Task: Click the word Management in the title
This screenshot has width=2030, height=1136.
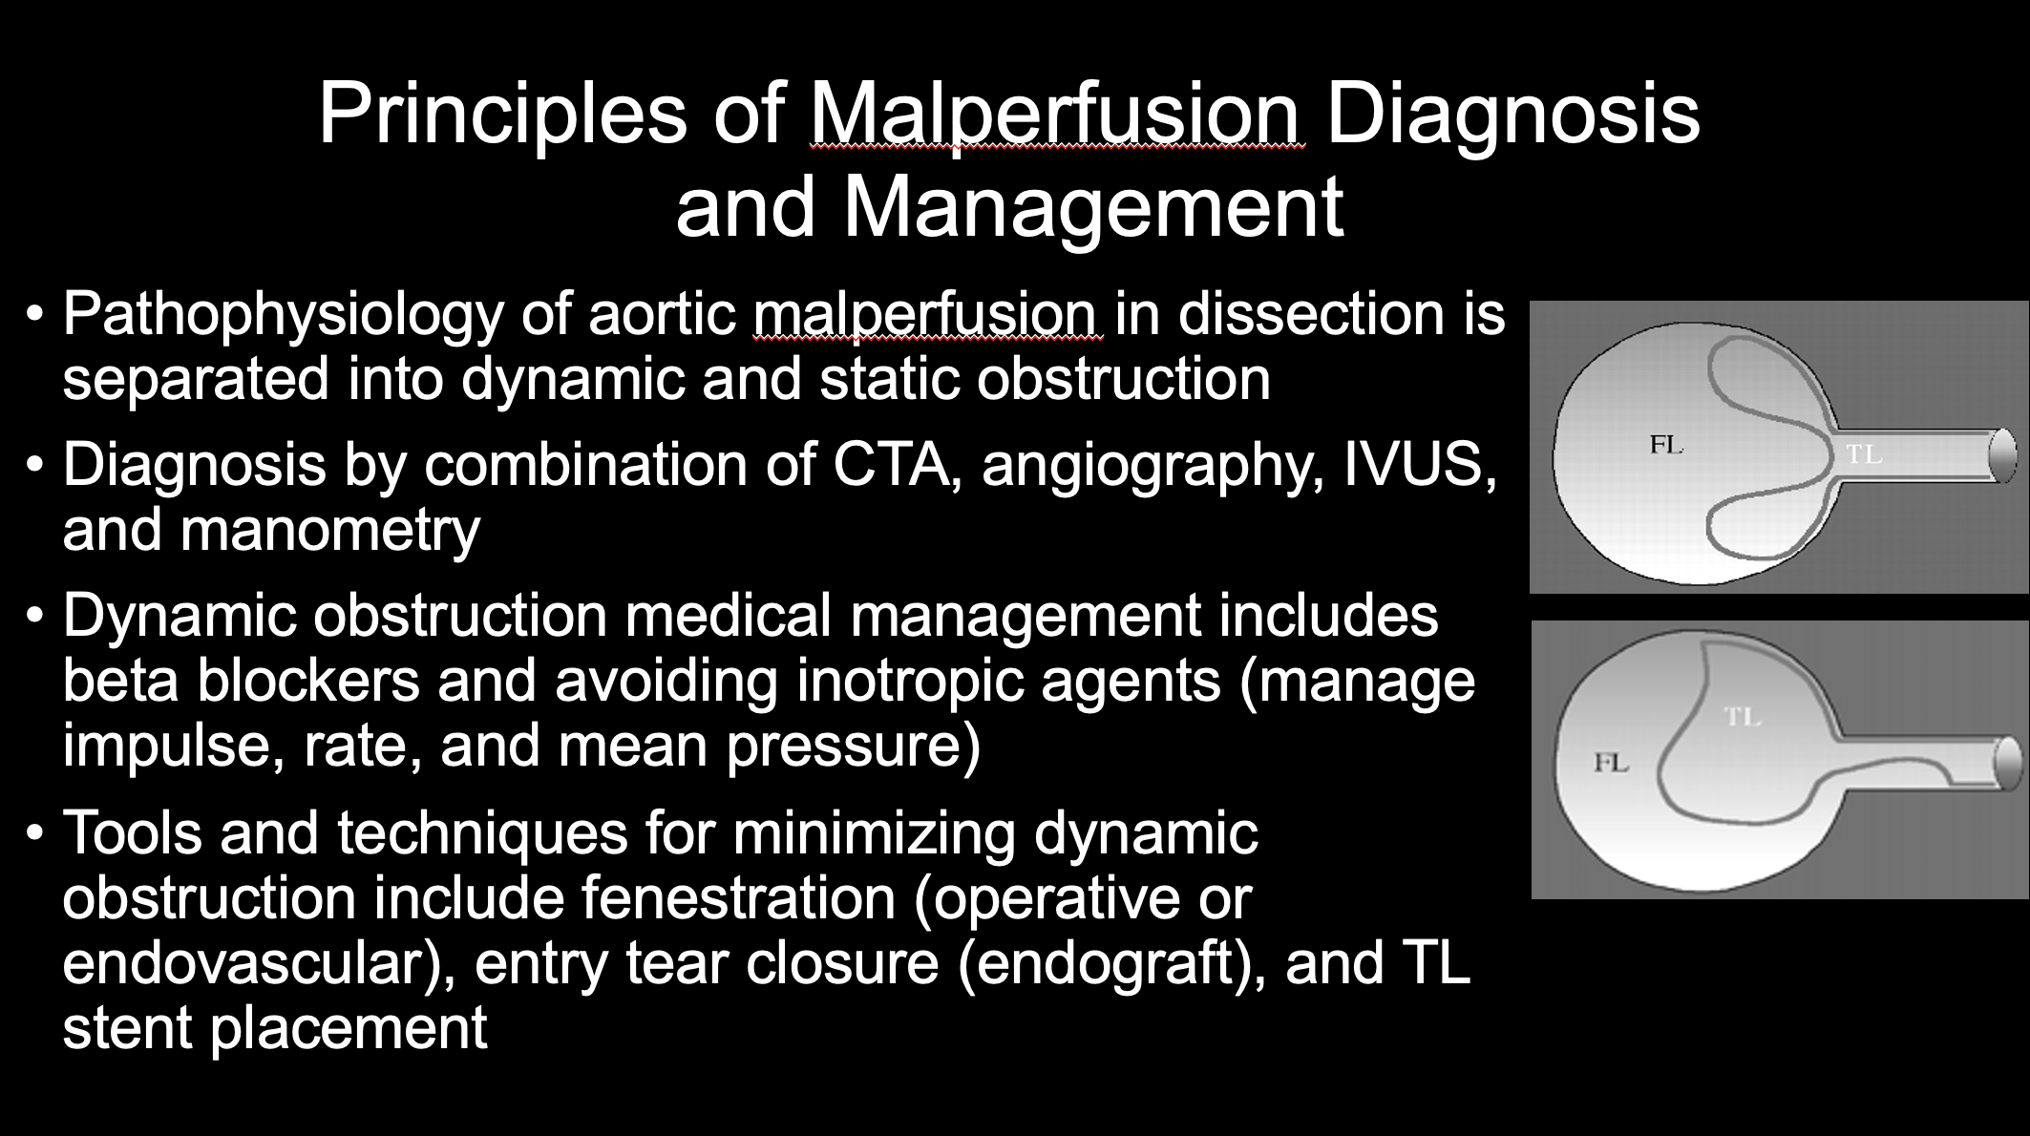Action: tap(1093, 209)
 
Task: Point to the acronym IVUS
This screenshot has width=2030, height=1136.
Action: tap(1420, 465)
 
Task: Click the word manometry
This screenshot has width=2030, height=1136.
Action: tap(329, 531)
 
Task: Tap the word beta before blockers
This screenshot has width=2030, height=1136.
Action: tap(122, 681)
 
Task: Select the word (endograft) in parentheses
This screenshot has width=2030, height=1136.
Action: tap(1111, 963)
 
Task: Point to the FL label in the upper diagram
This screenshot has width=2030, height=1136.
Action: tap(1665, 445)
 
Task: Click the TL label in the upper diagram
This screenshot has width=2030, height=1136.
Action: tap(1864, 455)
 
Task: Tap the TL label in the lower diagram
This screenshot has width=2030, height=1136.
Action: tap(1744, 716)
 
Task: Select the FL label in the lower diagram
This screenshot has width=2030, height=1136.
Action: tap(1611, 763)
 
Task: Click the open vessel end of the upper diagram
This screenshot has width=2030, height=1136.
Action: tap(2001, 456)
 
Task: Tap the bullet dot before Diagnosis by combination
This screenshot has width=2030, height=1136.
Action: tap(35, 467)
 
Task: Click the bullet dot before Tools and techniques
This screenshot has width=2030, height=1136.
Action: tap(35, 833)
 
